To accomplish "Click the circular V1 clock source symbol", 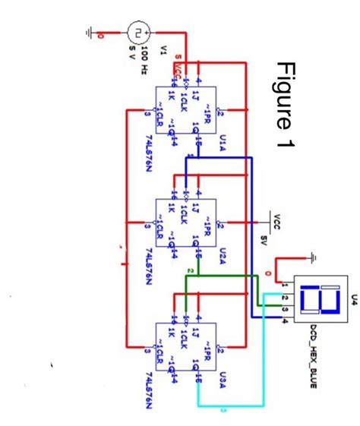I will pyautogui.click(x=138, y=33).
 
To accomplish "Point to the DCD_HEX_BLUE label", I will pyautogui.click(x=311, y=357).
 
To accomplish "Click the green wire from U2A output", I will pyautogui.click(x=228, y=276).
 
